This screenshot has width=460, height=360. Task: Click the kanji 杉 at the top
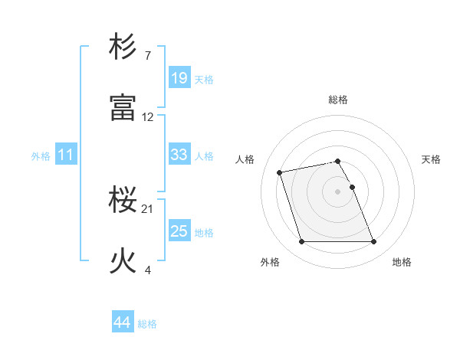pyautogui.click(x=123, y=47)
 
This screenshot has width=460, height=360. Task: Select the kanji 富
pyautogui.click(x=123, y=108)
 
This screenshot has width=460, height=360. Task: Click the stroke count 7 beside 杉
pyautogui.click(x=147, y=56)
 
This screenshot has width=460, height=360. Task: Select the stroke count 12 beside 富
pyautogui.click(x=148, y=117)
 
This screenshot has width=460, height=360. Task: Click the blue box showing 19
pyautogui.click(x=179, y=78)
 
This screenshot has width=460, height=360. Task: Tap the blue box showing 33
pyautogui.click(x=179, y=155)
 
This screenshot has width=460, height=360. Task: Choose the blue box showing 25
pyautogui.click(x=179, y=231)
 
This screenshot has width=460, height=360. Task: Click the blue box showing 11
pyautogui.click(x=66, y=155)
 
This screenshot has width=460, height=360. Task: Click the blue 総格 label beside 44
pyautogui.click(x=147, y=324)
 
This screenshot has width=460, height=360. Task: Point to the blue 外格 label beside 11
pyautogui.click(x=41, y=156)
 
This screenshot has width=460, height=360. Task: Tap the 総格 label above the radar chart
pyautogui.click(x=338, y=100)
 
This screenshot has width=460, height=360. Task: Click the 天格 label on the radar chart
pyautogui.click(x=431, y=159)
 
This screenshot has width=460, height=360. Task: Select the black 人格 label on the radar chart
pyautogui.click(x=245, y=159)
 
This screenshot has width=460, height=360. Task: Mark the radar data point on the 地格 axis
pyautogui.click(x=374, y=242)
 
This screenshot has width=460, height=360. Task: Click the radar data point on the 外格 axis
pyautogui.click(x=301, y=242)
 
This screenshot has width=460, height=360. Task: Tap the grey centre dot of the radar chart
pyautogui.click(x=338, y=191)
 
